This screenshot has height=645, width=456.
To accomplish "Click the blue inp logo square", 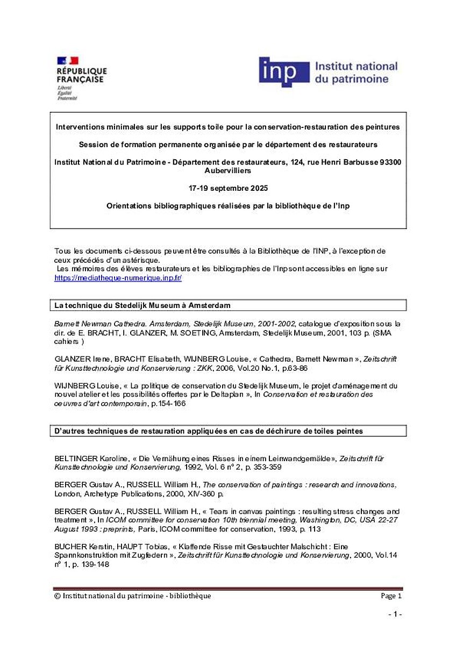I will [x=284, y=72].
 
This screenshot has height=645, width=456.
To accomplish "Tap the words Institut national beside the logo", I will [x=355, y=67].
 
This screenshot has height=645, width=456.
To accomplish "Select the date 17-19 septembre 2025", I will [x=228, y=189].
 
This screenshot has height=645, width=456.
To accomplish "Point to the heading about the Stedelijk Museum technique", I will [x=142, y=305].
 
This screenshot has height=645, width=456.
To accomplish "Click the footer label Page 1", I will [x=391, y=596].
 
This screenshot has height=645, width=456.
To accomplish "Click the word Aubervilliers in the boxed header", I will [x=228, y=170].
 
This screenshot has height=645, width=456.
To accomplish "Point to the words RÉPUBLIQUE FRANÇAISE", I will [x=82, y=75].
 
